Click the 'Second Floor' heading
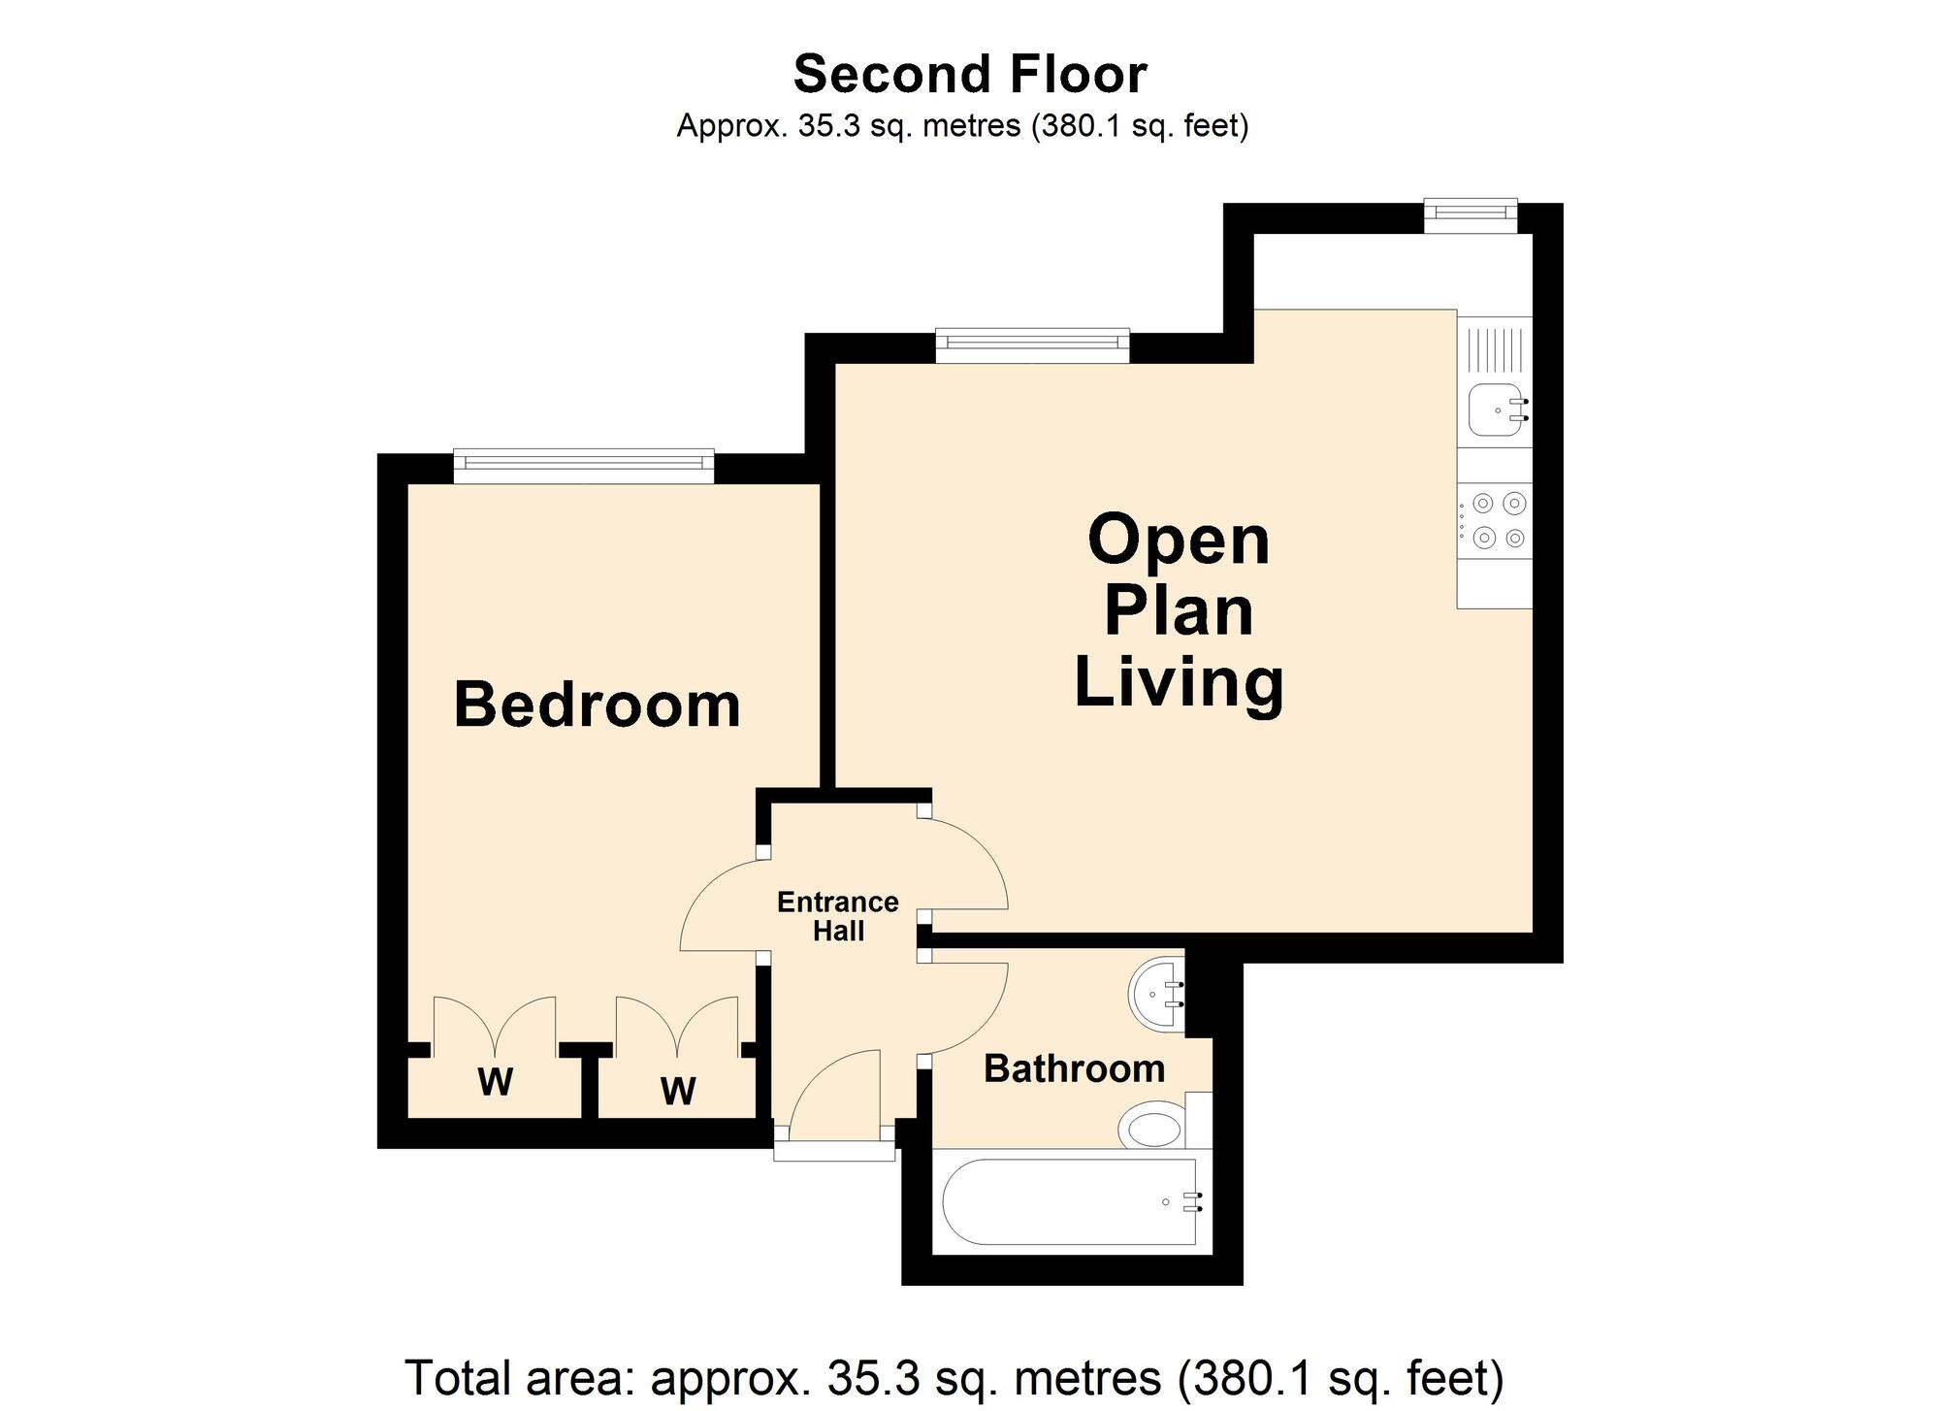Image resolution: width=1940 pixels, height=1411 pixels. point(970,75)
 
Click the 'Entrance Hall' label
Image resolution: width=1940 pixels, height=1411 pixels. point(838,916)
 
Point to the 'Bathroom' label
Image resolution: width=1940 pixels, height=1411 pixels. point(1074,1068)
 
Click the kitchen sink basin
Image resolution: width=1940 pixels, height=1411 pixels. point(1496,410)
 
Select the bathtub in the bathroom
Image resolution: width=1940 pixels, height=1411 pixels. point(1069,1202)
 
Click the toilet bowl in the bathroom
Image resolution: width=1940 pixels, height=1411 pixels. point(1152,1129)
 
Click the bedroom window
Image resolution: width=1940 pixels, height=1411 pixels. point(584,466)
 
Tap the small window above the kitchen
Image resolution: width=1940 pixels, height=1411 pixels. point(1471,215)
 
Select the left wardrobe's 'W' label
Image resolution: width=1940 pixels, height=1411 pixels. point(495,1081)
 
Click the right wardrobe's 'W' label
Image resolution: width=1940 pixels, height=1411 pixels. point(678,1091)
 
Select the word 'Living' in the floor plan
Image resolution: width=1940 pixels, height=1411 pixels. point(1180,685)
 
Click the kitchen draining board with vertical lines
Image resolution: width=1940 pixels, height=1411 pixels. point(1495,349)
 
